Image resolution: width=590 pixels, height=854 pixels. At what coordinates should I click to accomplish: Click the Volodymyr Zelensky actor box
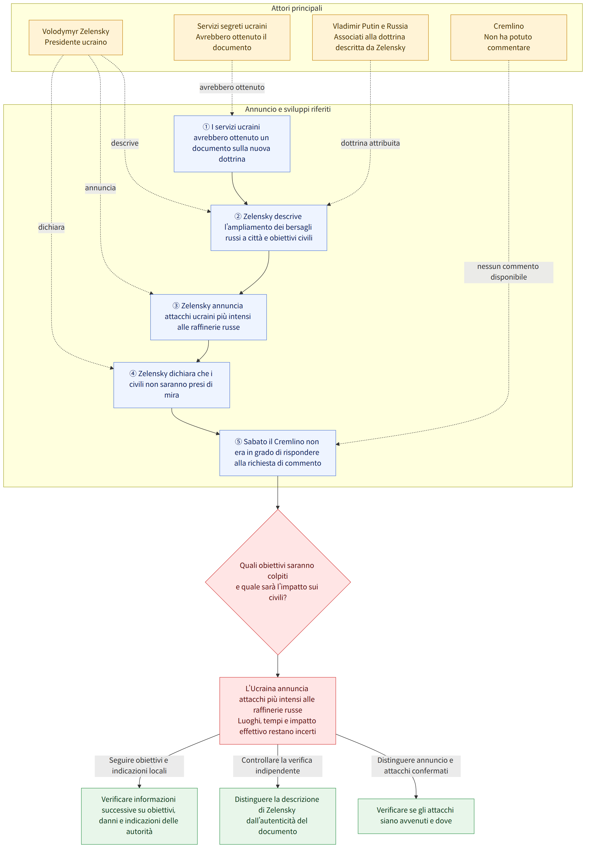(76, 37)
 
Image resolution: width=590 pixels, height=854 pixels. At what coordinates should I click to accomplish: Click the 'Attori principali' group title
(296, 8)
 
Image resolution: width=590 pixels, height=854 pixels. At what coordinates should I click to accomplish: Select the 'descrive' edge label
(125, 143)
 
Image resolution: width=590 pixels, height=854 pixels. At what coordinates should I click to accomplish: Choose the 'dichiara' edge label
(51, 227)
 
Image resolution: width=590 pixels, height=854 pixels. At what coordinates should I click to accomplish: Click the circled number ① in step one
(206, 127)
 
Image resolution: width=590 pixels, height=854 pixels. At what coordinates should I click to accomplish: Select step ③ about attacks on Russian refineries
(209, 317)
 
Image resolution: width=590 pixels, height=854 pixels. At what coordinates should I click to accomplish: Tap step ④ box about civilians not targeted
(171, 385)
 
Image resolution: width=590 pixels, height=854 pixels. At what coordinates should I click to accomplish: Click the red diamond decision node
(278, 582)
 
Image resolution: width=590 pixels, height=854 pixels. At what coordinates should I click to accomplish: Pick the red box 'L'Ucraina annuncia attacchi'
(278, 711)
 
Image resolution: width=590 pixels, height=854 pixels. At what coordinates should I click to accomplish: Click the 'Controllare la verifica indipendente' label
(278, 765)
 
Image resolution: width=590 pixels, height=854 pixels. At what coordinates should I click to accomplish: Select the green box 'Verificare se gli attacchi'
(416, 816)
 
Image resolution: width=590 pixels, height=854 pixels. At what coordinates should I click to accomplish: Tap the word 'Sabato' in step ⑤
(255, 441)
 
